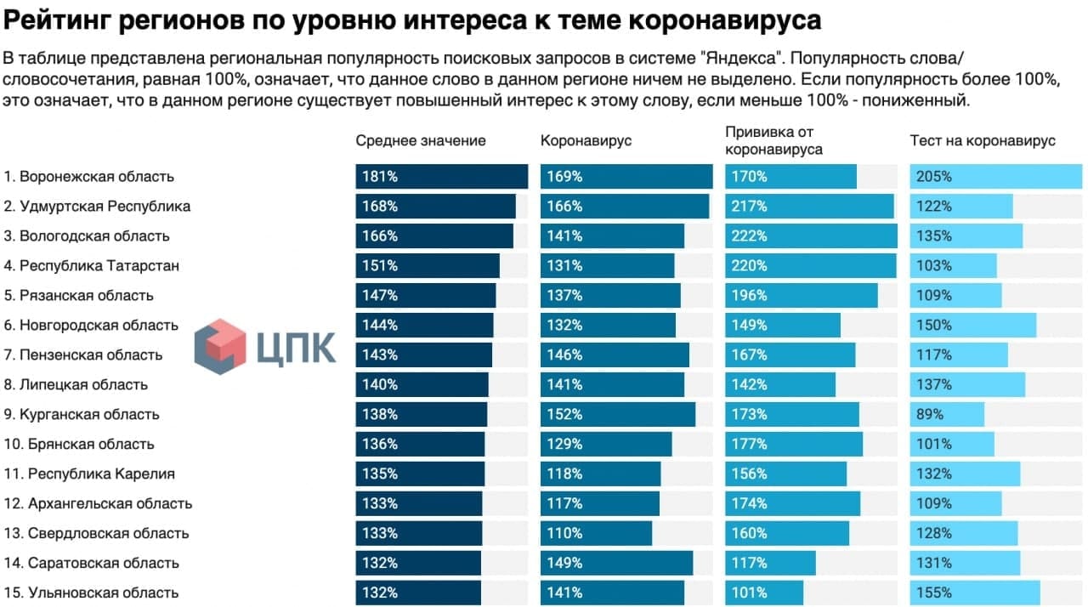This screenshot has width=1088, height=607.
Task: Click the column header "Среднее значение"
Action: pos(420,140)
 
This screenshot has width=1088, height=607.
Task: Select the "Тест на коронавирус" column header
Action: pos(982,140)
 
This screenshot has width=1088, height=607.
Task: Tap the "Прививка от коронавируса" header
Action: pos(773,140)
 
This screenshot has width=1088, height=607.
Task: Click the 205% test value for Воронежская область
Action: pos(933,177)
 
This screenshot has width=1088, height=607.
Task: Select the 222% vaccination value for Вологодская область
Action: pos(749,236)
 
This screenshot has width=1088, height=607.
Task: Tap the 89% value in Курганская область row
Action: pos(930,415)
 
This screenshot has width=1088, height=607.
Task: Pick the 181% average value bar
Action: pos(441,177)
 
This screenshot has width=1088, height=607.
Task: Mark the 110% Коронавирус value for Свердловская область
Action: pos(564,533)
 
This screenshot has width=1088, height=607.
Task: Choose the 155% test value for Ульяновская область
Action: pos(933,593)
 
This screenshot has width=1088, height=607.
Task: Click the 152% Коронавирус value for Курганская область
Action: pos(564,415)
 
